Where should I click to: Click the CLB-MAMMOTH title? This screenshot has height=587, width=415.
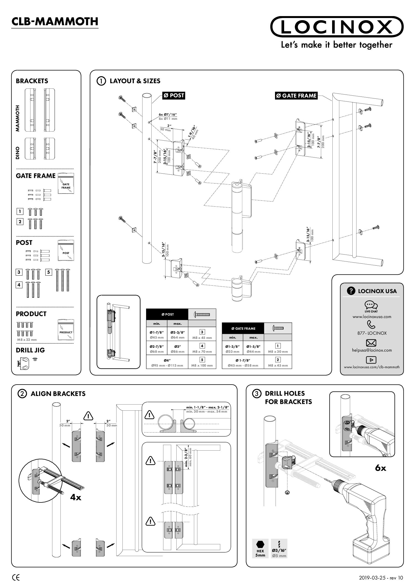(55, 22)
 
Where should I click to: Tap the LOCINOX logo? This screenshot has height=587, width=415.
(337, 27)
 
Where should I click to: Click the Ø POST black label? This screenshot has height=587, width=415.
(174, 95)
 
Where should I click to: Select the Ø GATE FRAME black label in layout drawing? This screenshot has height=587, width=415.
(296, 96)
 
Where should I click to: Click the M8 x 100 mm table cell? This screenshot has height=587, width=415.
(202, 362)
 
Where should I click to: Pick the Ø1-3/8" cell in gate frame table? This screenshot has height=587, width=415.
(232, 348)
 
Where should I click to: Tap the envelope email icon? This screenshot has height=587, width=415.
(371, 343)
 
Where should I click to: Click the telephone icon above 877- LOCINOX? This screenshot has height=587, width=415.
(371, 324)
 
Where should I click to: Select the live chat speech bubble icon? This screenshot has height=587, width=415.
(371, 305)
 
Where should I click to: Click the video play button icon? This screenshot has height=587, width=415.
(371, 360)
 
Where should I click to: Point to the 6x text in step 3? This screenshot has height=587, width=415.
(380, 468)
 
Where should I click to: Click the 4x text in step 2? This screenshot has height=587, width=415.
(75, 497)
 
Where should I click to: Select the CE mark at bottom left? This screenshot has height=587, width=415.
(16, 578)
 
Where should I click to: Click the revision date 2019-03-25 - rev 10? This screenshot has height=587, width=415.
(381, 578)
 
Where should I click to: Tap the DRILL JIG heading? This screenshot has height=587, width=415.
(30, 350)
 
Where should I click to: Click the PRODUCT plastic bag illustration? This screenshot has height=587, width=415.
(66, 330)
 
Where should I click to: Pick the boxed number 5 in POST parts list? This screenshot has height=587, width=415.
(48, 272)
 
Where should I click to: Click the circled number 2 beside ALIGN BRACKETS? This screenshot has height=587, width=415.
(22, 394)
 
